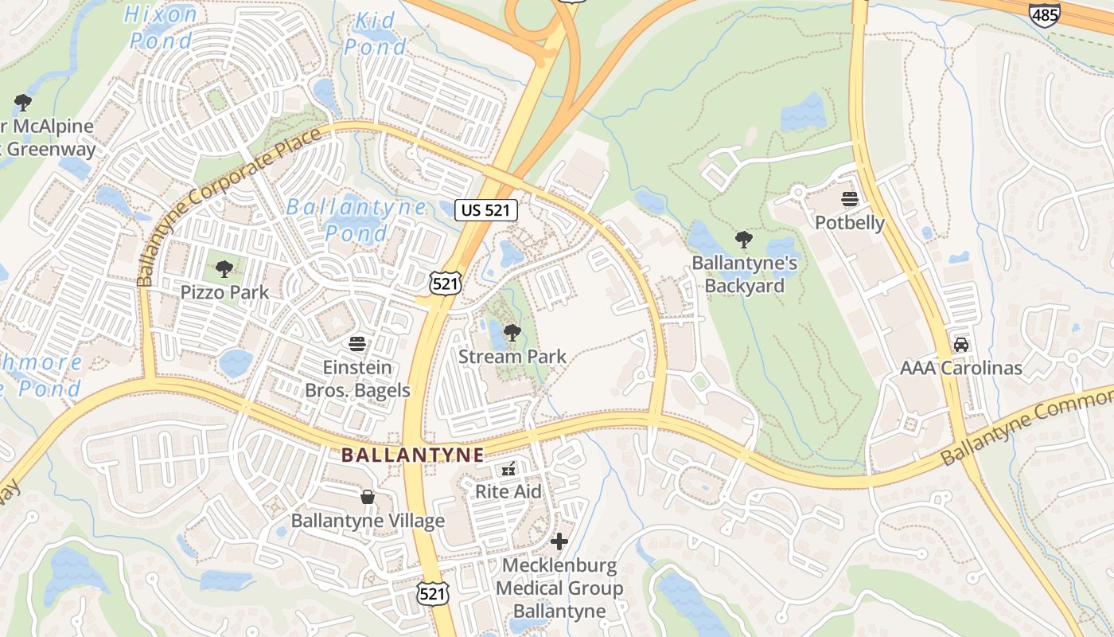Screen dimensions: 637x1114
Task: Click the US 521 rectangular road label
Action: [486, 210]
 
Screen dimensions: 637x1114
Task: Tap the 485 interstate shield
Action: [1043, 14]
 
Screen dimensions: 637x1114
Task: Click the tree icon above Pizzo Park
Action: [224, 269]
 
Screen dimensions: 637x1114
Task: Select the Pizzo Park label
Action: [224, 292]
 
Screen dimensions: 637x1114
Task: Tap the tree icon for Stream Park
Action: [512, 333]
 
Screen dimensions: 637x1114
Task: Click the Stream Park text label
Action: [512, 356]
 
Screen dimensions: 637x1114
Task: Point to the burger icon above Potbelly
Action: [849, 199]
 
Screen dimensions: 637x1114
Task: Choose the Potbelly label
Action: [849, 222]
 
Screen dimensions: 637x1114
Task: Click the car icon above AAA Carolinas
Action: [960, 345]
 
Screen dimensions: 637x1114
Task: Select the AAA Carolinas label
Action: [960, 368]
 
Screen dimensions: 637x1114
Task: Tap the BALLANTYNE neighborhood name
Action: [412, 455]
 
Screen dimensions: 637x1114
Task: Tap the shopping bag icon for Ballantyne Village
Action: [368, 498]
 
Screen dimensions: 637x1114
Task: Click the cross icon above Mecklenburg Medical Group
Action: [559, 541]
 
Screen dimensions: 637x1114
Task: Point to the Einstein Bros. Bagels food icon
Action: [357, 344]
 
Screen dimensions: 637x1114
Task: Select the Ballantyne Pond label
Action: [356, 220]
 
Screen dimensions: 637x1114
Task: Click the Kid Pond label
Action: [375, 33]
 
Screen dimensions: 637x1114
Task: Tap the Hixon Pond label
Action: [162, 26]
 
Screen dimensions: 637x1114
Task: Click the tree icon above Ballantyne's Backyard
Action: [743, 240]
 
